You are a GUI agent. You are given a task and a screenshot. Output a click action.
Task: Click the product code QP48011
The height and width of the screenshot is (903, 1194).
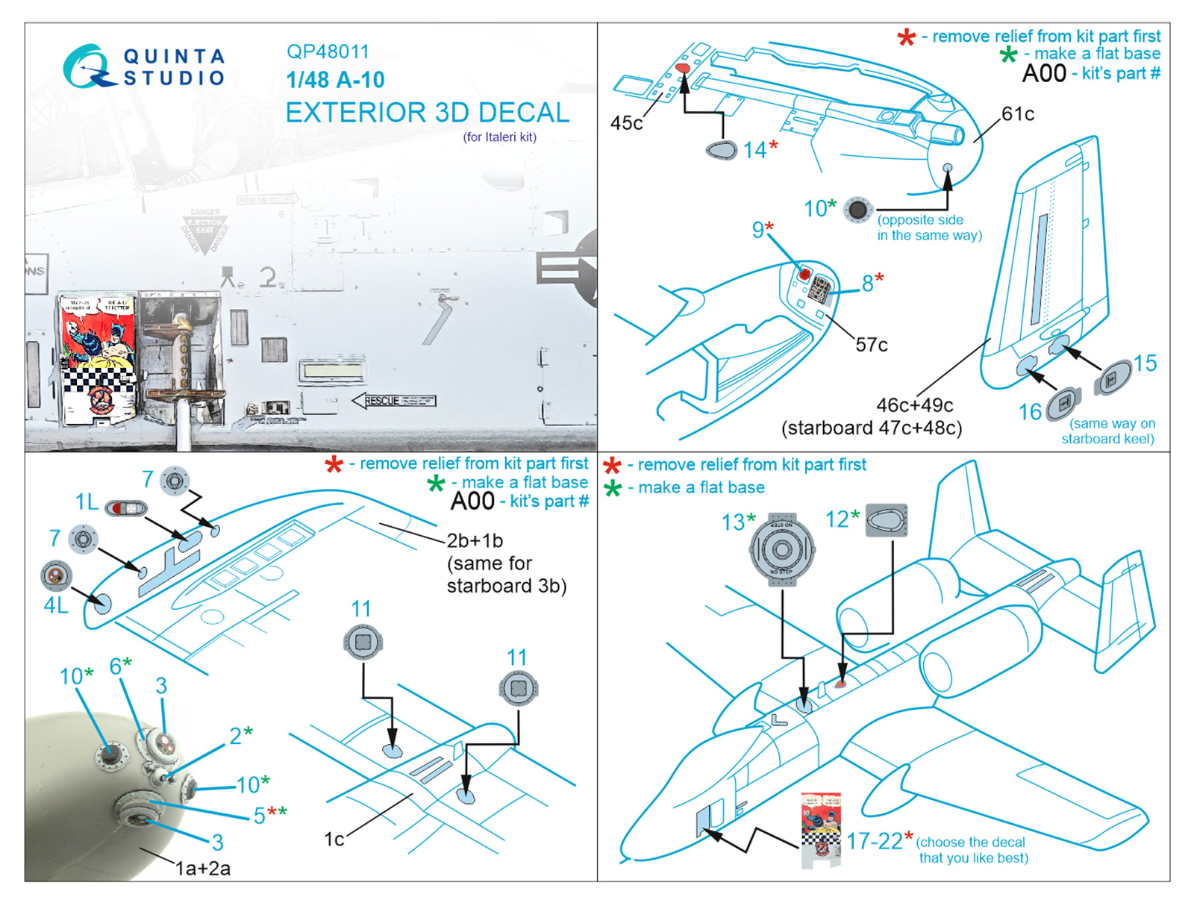pos(328,51)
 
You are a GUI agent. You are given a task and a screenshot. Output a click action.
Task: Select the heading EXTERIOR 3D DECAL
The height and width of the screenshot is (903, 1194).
pos(427,113)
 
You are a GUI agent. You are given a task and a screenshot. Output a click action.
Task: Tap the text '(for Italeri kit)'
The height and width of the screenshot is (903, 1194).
pos(499,137)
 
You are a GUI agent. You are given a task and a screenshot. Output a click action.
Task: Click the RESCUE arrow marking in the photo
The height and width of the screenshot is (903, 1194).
pos(393,401)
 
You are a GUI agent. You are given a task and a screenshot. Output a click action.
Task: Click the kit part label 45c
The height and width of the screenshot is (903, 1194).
pos(626,123)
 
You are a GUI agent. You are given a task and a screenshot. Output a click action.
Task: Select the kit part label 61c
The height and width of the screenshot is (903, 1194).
pos(1018,113)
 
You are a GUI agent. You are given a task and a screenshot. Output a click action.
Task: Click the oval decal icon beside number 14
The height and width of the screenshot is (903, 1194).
pos(722,149)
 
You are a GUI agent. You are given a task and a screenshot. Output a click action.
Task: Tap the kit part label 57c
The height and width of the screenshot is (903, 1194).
pos(872,345)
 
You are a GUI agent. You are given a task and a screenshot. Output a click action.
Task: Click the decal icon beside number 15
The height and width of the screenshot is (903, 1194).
pos(1113,376)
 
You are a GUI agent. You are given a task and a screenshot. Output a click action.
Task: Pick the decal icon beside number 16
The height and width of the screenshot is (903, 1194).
pos(1064,404)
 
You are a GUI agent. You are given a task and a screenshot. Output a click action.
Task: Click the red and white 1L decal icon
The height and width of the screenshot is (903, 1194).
pos(125,508)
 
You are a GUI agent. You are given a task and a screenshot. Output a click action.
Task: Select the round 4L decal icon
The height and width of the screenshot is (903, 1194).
pos(56,575)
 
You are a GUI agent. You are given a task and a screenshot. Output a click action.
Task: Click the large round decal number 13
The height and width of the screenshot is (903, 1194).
pos(781,549)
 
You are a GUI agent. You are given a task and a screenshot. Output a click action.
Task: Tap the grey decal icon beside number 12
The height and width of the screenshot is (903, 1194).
pos(887,519)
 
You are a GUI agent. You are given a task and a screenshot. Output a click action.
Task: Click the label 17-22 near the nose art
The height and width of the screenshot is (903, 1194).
pos(874,841)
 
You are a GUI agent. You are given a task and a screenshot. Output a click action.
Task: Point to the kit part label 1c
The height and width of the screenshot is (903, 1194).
pos(334,839)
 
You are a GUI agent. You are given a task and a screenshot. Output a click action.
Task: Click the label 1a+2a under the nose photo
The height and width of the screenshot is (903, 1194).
pos(202,868)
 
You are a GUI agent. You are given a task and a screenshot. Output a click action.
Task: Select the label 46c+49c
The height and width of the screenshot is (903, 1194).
pos(914,405)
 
